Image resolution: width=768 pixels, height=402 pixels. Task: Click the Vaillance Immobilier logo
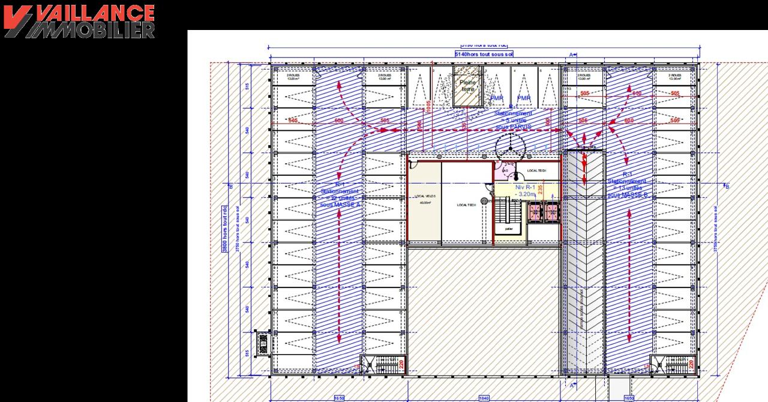pos(79,22)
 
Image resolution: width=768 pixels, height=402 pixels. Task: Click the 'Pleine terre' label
pos(467,85)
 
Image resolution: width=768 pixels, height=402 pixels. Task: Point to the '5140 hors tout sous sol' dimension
pos(484,54)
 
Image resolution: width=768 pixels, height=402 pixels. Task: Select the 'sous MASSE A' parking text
pos(340,205)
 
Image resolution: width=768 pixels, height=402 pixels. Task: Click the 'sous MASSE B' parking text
pos(628,195)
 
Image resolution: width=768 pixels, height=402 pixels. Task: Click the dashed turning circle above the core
pos(510,146)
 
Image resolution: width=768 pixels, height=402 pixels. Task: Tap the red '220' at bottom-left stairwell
pos(401,363)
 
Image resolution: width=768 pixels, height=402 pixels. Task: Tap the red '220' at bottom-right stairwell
pos(691,363)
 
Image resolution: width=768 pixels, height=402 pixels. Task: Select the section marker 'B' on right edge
pos(727,187)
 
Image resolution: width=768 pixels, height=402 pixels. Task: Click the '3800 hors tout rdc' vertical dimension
pos(225,229)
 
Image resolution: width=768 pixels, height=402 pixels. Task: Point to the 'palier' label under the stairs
pos(509,229)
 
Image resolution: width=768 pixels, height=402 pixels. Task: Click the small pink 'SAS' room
pos(505,171)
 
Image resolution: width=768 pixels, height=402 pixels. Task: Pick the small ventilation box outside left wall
pos(262,343)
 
